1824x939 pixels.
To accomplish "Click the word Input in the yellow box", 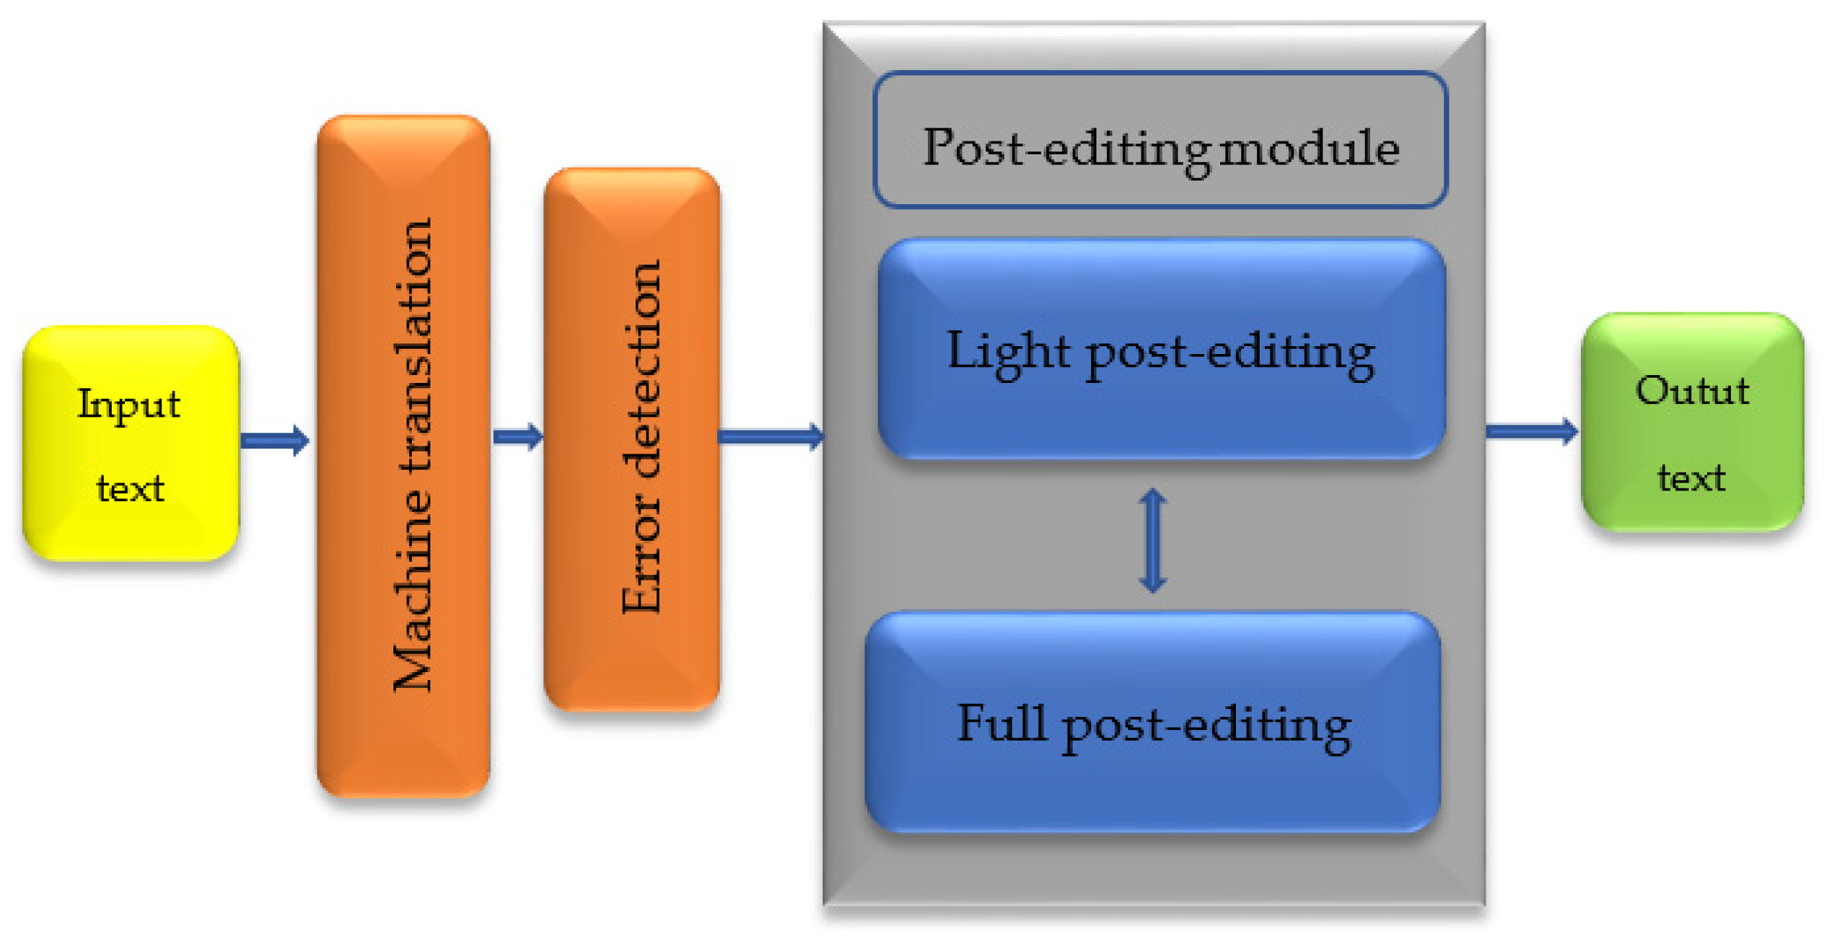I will tap(128, 405).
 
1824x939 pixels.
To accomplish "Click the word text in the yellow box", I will tap(131, 489).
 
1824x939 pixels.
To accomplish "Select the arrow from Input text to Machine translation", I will tap(274, 440).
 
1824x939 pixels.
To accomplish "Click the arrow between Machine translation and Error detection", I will tap(517, 436).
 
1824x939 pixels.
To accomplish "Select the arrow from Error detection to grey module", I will tap(771, 436).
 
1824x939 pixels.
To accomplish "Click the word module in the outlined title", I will tap(1309, 149).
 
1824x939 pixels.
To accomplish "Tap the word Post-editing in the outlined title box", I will tap(1068, 150).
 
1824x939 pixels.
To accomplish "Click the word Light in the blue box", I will tap(1008, 352).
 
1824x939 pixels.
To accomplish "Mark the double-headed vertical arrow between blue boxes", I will tap(1152, 541).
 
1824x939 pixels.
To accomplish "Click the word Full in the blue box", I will tap(1001, 723).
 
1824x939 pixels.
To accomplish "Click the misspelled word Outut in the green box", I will tap(1692, 390).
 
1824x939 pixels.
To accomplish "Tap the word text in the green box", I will tap(1691, 477).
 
